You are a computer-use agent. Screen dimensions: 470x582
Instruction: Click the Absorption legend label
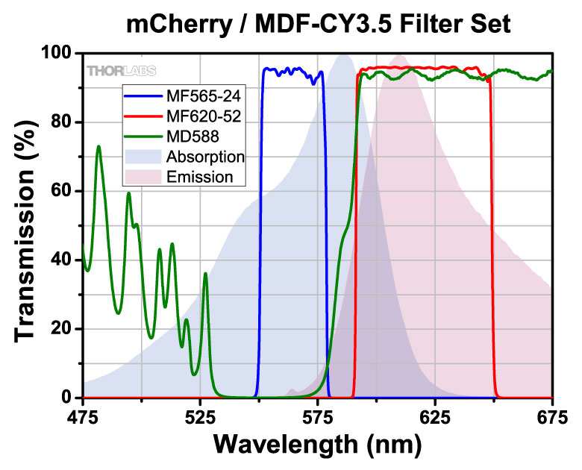click(x=206, y=157)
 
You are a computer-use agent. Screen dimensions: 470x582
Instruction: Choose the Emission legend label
click(x=201, y=178)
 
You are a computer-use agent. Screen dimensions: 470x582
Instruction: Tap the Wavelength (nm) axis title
click(x=318, y=445)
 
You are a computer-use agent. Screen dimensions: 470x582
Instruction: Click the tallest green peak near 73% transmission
click(x=98, y=147)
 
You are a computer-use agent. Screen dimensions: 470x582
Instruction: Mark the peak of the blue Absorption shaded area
click(x=344, y=54)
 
